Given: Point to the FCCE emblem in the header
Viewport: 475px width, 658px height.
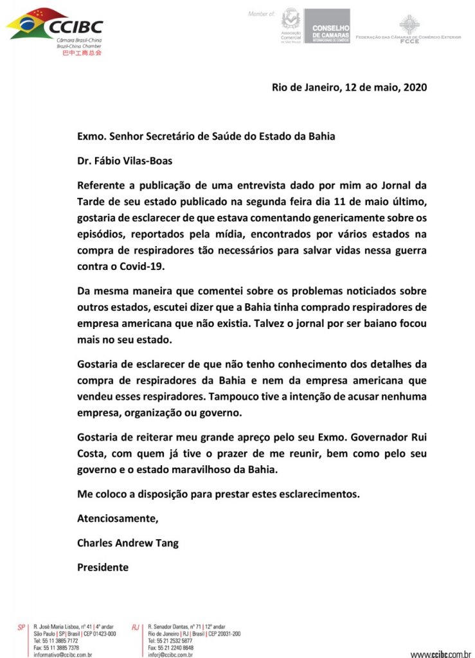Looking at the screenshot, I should pos(409,26).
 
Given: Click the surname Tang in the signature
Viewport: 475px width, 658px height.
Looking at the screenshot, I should pos(167,543).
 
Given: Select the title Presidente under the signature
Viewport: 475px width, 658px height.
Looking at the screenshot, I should pos(103,567).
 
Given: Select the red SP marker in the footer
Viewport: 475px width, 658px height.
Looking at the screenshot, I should pos(21,627).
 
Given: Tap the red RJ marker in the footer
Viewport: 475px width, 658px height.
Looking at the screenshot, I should pos(136,627).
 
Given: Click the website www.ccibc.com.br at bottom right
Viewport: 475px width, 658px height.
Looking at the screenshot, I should pos(440,654).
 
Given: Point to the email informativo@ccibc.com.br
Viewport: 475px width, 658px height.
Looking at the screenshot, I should pos(63,655).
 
